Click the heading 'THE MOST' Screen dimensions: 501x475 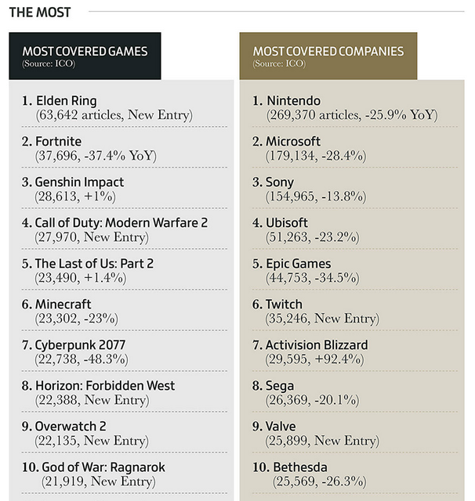tap(39, 12)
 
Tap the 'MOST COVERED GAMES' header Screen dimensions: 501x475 tap(85, 52)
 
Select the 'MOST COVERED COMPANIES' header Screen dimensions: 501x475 tap(328, 52)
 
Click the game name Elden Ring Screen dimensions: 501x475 tap(66, 100)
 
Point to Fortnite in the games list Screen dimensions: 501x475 tap(58, 141)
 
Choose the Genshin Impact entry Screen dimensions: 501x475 tap(79, 182)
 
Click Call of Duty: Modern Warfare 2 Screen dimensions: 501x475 tap(121, 222)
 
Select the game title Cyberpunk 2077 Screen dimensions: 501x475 tap(80, 344)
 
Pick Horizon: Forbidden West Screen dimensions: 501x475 tap(105, 385)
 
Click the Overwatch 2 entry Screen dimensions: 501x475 tap(71, 426)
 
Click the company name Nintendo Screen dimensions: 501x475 tap(294, 100)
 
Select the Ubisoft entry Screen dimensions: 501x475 tap(288, 222)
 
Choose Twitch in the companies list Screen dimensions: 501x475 tap(284, 304)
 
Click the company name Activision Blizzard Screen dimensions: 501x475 tap(317, 344)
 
